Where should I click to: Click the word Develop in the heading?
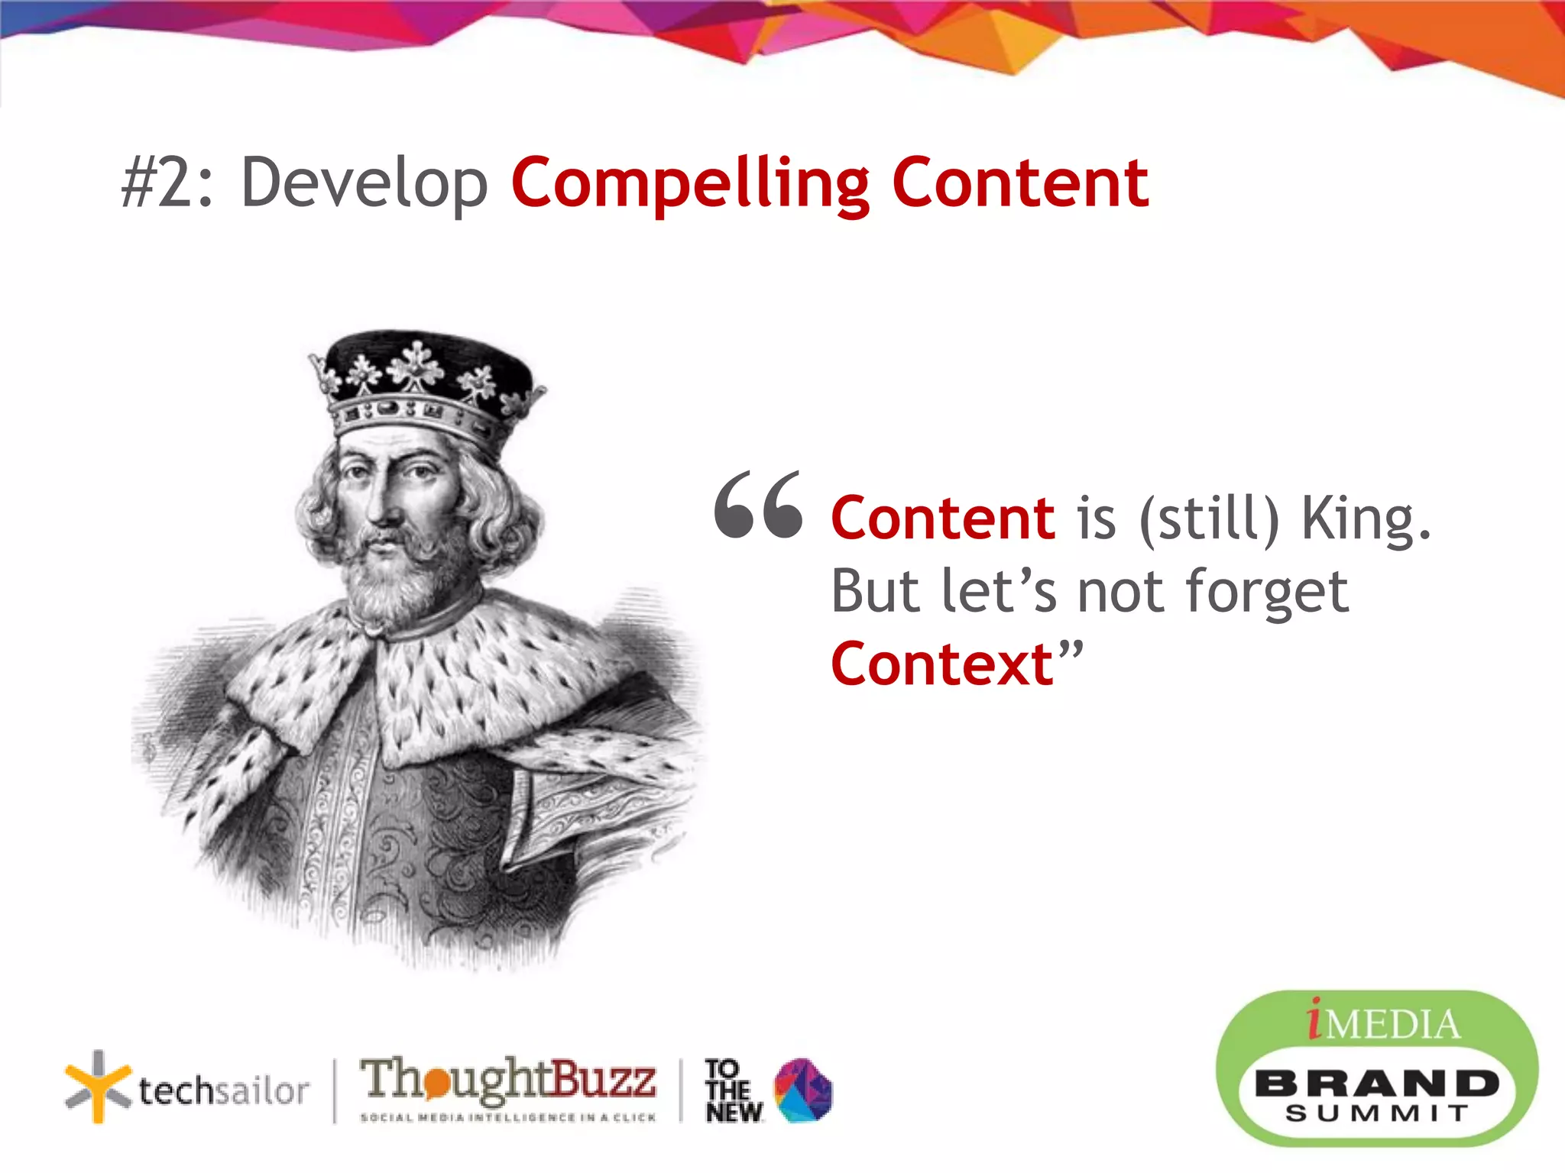(365, 183)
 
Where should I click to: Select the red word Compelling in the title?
(690, 183)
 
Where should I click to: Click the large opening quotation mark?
(758, 506)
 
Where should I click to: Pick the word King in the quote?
(1365, 519)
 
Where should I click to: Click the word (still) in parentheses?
(1208, 519)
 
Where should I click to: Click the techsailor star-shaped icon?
(97, 1087)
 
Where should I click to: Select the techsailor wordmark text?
(224, 1091)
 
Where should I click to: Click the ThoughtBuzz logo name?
(507, 1079)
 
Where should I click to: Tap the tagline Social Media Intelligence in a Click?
(507, 1117)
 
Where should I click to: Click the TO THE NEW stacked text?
(732, 1091)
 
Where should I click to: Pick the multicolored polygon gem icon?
(803, 1090)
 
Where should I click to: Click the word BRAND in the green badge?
(1376, 1083)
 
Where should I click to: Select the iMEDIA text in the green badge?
(1383, 1023)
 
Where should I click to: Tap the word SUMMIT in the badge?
(1376, 1113)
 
